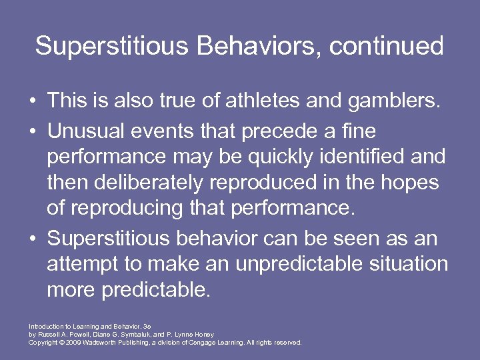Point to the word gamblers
[x=390, y=102]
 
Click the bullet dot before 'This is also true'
[x=32, y=103]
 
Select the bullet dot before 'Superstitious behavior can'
[x=32, y=237]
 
